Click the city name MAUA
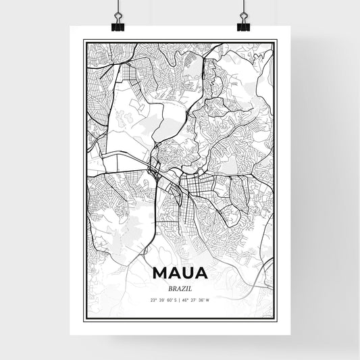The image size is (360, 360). (180, 274)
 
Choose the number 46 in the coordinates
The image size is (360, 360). (185, 300)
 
